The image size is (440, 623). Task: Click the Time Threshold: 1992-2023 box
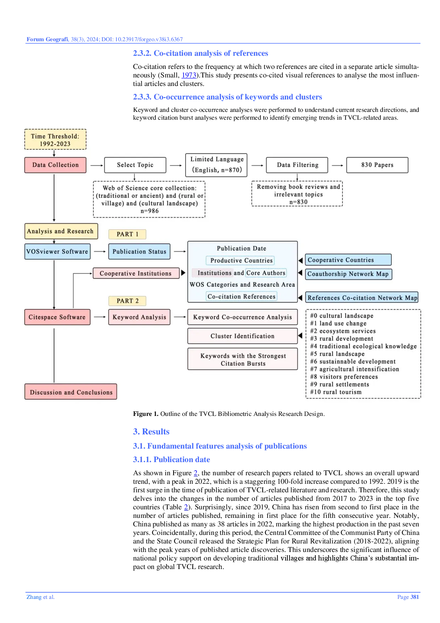point(55,140)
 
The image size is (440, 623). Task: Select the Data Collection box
point(55,165)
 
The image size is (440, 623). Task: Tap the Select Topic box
point(135,165)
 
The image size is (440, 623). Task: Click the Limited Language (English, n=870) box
point(216,165)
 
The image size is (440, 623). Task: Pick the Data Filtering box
point(297,165)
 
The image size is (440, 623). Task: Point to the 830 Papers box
point(377,165)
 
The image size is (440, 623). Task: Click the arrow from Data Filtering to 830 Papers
point(337,165)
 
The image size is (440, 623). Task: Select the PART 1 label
point(127,234)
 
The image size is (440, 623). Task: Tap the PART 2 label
point(127,301)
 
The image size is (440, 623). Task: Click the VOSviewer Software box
point(57,251)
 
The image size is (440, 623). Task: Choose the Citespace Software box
point(57,317)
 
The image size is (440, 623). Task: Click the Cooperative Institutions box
point(136,273)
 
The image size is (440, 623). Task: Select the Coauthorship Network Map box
point(348,274)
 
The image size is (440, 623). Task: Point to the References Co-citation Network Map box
point(362,298)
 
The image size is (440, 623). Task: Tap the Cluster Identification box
point(242,336)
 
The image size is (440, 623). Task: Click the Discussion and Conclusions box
point(71,392)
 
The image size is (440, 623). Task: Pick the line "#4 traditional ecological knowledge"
point(363,346)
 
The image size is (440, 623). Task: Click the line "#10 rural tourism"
point(336,392)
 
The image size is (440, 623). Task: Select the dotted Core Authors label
point(266,273)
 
